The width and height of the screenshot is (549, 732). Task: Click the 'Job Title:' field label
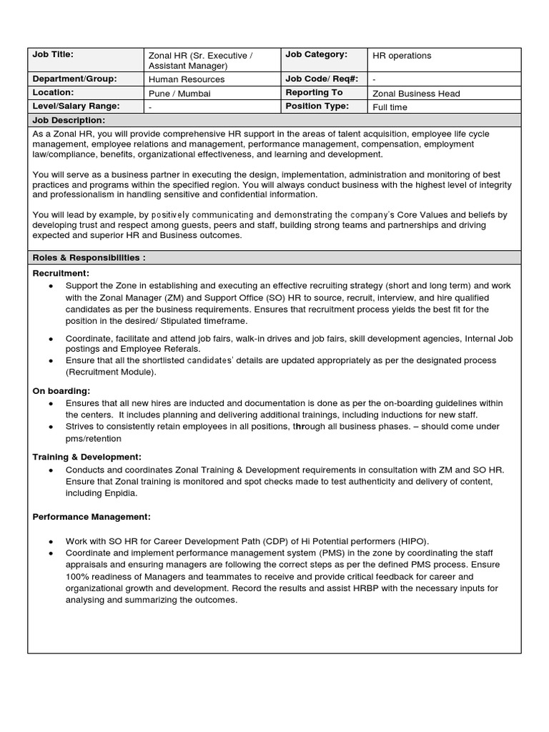(54, 54)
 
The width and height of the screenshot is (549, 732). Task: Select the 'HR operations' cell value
(402, 56)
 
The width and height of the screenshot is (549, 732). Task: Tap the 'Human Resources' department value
(186, 79)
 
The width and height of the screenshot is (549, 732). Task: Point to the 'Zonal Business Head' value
(416, 93)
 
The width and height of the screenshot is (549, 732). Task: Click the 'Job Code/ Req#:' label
(322, 79)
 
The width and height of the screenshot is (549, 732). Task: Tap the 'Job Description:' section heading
(66, 120)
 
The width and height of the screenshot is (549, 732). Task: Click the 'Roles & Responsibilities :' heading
(89, 257)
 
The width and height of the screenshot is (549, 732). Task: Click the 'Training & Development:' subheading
(87, 456)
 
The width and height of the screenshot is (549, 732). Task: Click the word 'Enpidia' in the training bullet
(120, 493)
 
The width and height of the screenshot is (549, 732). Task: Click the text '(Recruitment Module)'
(110, 372)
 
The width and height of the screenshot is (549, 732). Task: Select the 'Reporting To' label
(314, 93)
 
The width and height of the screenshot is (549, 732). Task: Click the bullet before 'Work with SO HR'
(50, 541)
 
